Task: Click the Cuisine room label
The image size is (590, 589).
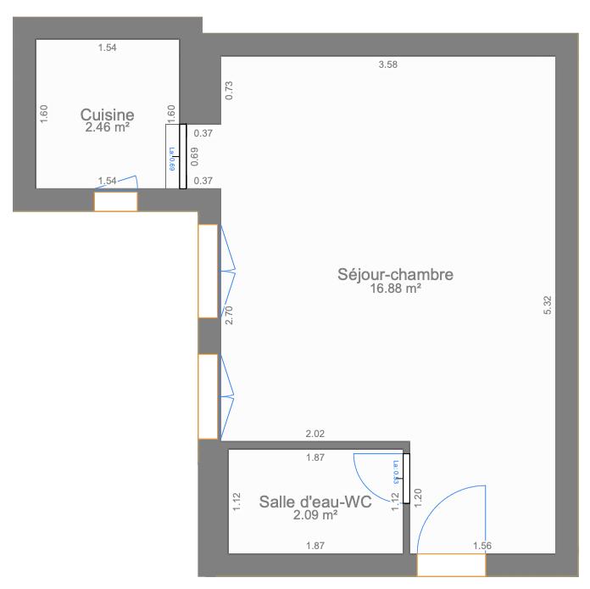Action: click(x=107, y=115)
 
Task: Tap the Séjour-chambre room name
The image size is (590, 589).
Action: click(x=395, y=274)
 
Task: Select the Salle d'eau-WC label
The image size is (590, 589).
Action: click(x=315, y=502)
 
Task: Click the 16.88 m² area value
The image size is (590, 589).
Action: click(x=395, y=289)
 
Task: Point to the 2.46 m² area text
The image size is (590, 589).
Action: click(x=107, y=128)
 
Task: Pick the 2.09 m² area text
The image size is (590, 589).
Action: click(x=315, y=515)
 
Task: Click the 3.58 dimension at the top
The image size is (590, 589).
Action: click(x=387, y=65)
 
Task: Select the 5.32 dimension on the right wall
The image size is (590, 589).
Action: click(x=547, y=306)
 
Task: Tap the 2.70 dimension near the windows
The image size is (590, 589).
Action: click(x=229, y=317)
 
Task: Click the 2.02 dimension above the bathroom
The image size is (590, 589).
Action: click(x=314, y=434)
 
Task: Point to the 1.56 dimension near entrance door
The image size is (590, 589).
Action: click(x=481, y=546)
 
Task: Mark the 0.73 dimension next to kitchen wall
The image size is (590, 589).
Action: click(x=229, y=90)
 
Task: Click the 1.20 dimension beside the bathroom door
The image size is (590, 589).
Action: click(x=417, y=497)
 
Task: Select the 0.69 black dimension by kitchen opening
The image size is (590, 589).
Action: click(x=194, y=156)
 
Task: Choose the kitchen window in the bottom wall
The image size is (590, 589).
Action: click(x=115, y=201)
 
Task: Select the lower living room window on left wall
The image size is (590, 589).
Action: click(x=208, y=395)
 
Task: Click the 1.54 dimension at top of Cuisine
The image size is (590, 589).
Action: click(x=107, y=48)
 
